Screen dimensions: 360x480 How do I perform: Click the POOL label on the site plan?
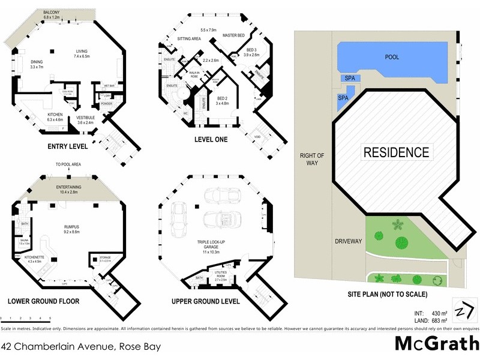click(x=392, y=57)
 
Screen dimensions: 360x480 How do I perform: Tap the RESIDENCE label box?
click(x=397, y=152)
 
